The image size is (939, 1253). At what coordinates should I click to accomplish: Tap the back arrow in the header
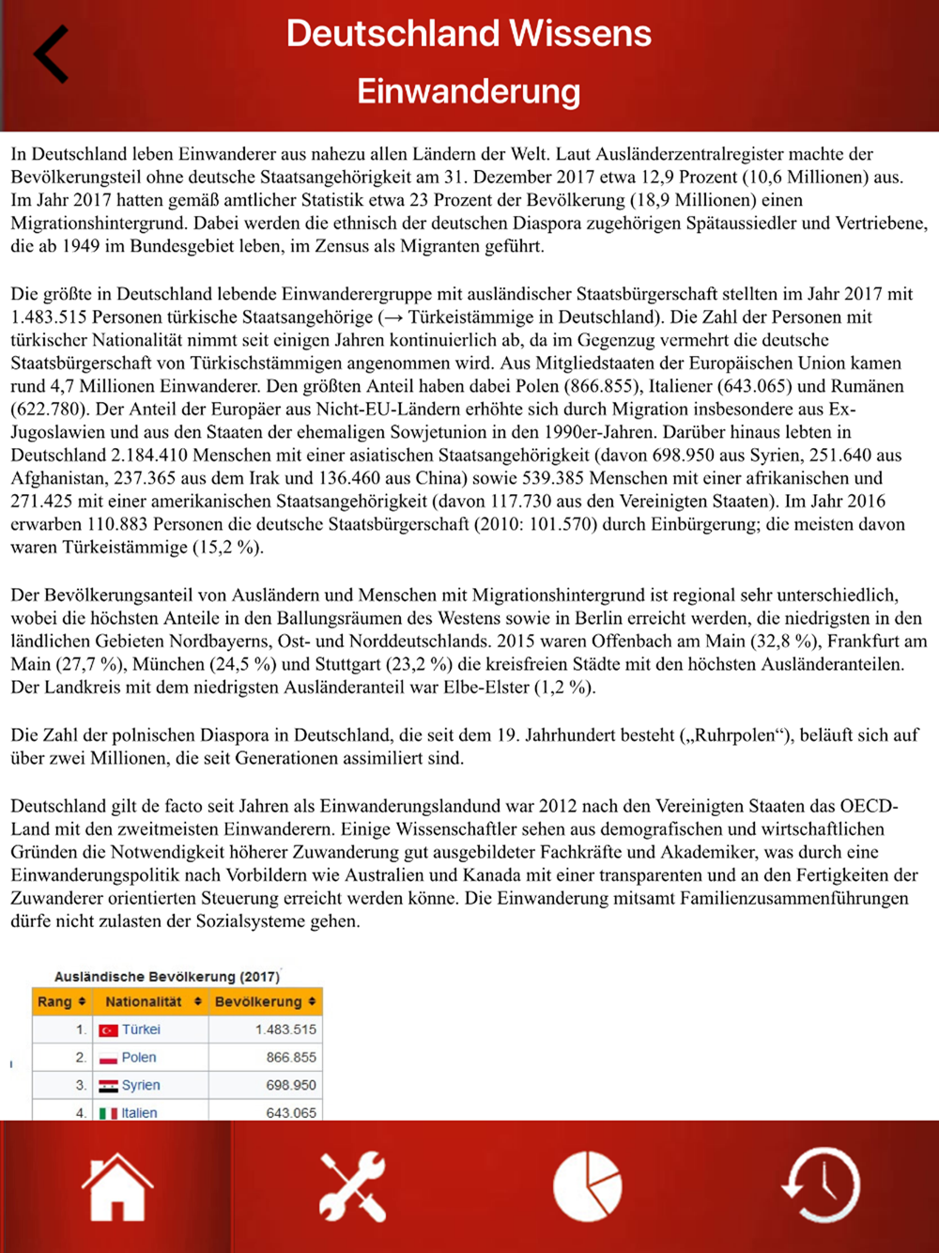click(52, 54)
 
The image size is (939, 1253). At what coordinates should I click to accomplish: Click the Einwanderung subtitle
click(469, 92)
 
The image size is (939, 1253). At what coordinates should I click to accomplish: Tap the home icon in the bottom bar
click(117, 1186)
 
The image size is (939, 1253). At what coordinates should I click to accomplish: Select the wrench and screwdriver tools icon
click(352, 1186)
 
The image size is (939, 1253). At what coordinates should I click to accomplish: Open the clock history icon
click(821, 1186)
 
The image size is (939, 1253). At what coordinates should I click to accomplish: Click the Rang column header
click(61, 1002)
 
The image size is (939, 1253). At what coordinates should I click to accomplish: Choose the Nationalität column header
click(151, 1002)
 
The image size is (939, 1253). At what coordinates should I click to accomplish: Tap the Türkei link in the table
click(141, 1029)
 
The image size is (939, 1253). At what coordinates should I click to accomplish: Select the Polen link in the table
click(139, 1058)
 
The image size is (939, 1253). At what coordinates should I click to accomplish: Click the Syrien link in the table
click(141, 1085)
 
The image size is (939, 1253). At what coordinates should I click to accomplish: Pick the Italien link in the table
click(139, 1113)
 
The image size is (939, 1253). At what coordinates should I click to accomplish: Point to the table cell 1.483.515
click(285, 1029)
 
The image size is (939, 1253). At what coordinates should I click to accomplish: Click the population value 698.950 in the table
click(291, 1085)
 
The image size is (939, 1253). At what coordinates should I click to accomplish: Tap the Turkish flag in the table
click(108, 1030)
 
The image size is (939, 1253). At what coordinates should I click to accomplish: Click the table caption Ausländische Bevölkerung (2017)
click(167, 977)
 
